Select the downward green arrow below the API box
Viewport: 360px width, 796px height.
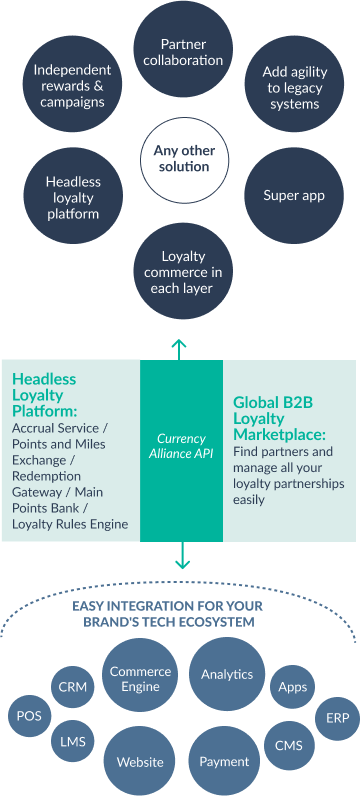point(182,556)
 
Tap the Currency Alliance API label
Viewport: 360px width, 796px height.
point(182,446)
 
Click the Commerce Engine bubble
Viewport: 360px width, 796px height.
point(141,680)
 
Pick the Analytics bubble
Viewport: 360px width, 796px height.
point(227,673)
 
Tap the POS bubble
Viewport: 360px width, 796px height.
point(29,716)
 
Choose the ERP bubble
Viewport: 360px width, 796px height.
point(333,717)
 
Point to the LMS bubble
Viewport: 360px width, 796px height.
point(72,741)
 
